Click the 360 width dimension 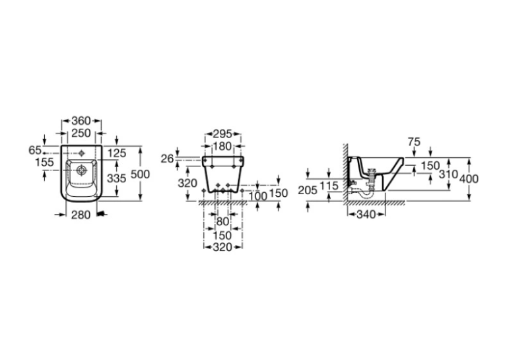81,121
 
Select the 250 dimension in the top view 81,133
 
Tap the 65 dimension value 35,150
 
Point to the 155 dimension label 44,162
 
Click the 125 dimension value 117,153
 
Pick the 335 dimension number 117,178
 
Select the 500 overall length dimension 140,174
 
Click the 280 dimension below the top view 81,215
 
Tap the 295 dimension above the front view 223,133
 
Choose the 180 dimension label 222,147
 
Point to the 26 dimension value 168,159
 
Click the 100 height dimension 259,196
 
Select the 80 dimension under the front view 222,222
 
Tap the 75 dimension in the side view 414,142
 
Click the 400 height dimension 469,178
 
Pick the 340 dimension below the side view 366,214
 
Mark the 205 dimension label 308,190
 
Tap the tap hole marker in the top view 81,153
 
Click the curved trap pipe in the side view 366,194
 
